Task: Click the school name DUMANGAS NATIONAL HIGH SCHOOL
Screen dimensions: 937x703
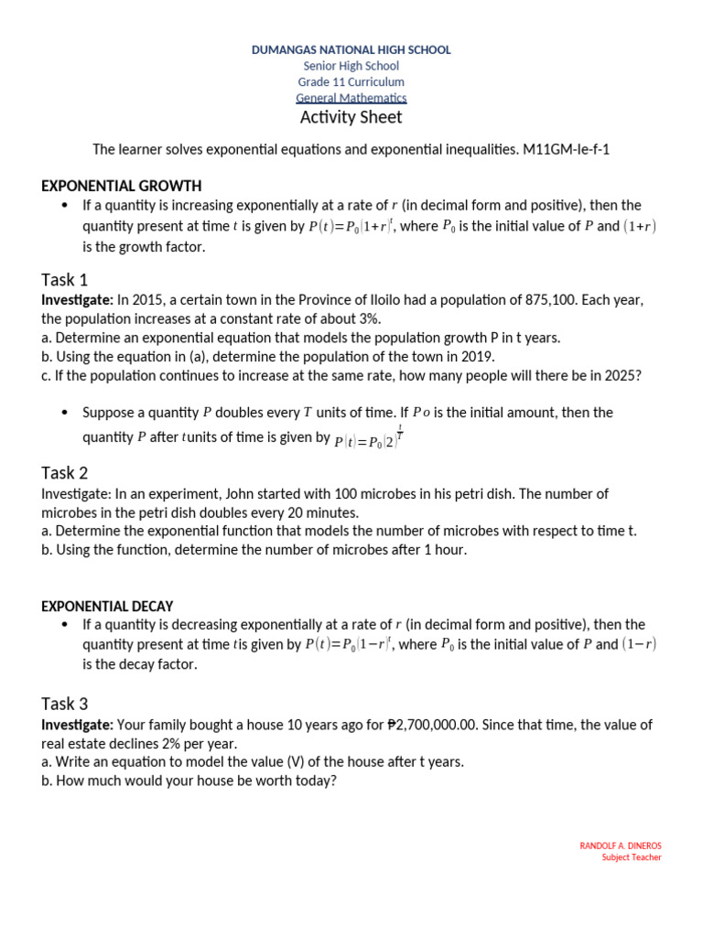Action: pos(351,50)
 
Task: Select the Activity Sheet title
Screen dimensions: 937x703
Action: pos(351,118)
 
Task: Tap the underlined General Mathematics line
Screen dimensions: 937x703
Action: pos(351,98)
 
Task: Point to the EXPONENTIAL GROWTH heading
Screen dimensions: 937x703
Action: pos(122,186)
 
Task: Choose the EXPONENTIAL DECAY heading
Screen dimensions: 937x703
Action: pos(107,606)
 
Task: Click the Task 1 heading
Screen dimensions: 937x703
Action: pos(65,280)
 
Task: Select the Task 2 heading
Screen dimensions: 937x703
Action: pos(65,473)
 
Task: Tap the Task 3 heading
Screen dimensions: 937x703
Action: pos(65,704)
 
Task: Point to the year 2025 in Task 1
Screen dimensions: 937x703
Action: pos(618,375)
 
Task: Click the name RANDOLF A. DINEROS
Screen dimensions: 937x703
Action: pos(621,845)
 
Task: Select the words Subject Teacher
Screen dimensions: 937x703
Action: pos(632,857)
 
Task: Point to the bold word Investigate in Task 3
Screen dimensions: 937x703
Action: pos(77,725)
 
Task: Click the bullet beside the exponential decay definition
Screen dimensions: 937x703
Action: pos(65,625)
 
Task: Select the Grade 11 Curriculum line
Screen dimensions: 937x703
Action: pos(351,82)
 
